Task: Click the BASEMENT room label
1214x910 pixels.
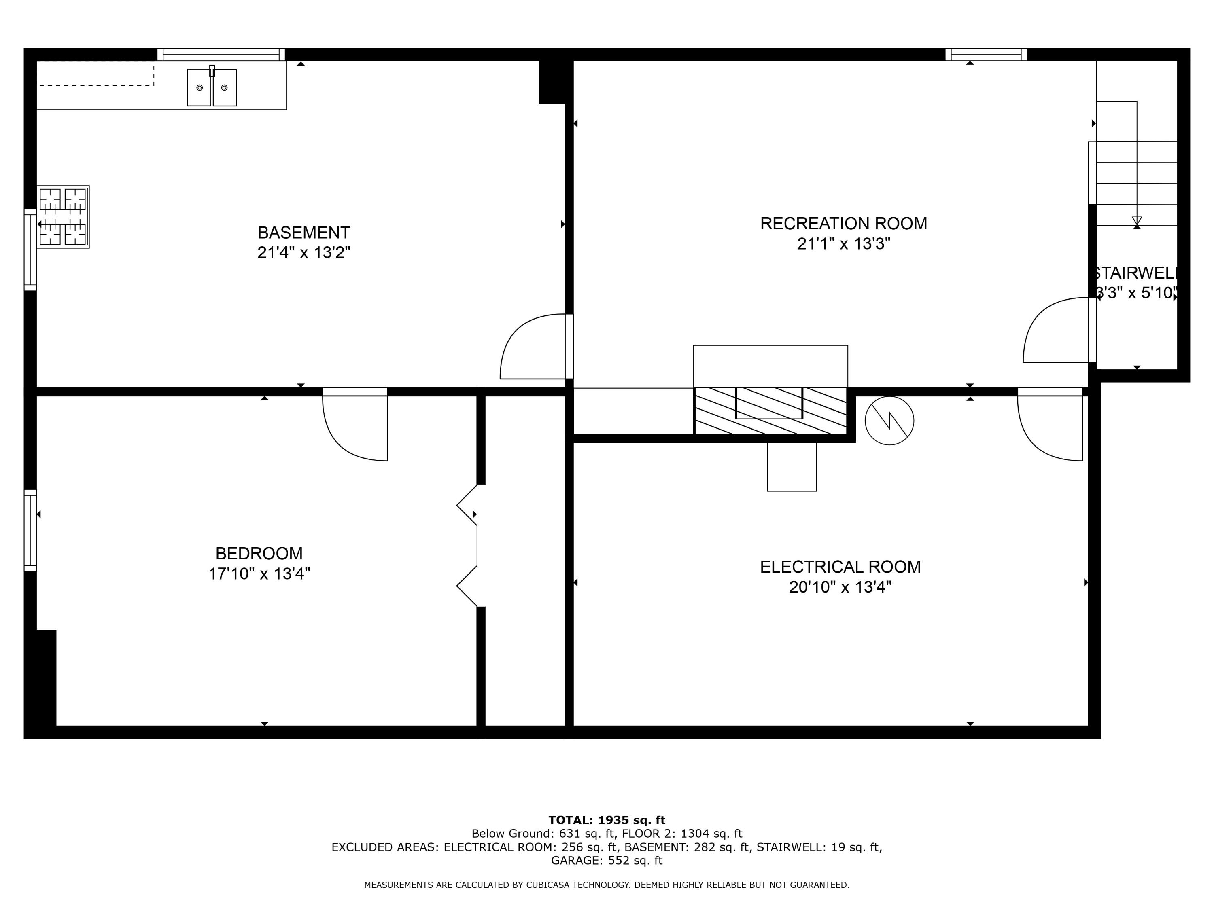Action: pos(303,233)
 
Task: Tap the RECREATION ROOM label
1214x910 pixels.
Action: pos(844,223)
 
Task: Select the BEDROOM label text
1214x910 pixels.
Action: pos(259,553)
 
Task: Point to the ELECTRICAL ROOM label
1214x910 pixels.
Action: pos(840,567)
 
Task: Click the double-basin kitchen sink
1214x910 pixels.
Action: pos(212,87)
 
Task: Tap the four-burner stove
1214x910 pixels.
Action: pos(63,217)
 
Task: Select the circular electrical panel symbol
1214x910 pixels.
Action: pos(889,421)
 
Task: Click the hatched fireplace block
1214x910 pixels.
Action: pos(770,411)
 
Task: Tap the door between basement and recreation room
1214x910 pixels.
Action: pos(536,346)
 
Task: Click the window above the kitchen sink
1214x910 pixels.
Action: pos(221,54)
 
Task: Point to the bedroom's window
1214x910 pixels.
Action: pos(30,530)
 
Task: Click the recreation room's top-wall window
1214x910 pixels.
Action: pos(986,54)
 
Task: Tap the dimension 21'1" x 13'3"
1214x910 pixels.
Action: pos(844,243)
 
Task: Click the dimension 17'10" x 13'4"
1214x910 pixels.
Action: pos(259,574)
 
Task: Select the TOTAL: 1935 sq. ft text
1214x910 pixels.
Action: pos(607,820)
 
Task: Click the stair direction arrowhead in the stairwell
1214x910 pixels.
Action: pos(1137,221)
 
